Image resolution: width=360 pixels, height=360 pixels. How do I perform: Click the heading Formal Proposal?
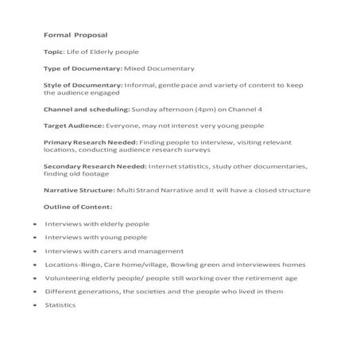[75, 35]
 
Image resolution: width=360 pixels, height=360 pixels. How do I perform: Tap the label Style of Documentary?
[83, 85]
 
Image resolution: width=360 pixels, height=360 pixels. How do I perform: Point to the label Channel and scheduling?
[86, 110]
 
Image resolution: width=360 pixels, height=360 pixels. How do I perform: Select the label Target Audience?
[75, 126]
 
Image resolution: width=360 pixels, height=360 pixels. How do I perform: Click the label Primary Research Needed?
[90, 142]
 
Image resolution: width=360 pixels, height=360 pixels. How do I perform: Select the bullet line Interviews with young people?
[95, 237]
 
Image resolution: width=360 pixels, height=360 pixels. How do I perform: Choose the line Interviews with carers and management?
[114, 250]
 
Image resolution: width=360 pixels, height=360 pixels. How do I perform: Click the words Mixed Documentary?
[172, 68]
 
